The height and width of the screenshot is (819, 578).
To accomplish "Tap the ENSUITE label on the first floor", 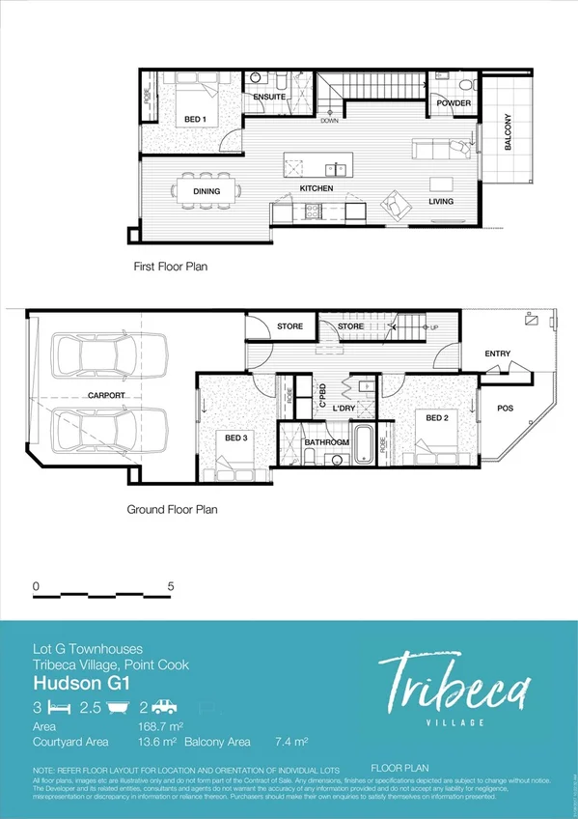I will pos(269,98).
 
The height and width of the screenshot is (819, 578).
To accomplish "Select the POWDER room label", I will pos(454,103).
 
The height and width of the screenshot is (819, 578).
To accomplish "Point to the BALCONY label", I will pos(508,132).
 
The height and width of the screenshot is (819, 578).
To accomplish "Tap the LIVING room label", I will pos(441,201).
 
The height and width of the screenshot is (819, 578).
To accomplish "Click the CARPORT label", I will pos(106,396).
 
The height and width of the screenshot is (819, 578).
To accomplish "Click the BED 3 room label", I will pos(237,438).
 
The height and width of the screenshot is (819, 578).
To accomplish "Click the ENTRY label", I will pos(498,353).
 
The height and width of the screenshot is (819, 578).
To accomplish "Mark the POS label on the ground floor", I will pos(505,409).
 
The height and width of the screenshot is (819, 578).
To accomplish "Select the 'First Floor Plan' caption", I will pos(171,265).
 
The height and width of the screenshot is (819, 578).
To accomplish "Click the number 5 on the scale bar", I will pos(170,586).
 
